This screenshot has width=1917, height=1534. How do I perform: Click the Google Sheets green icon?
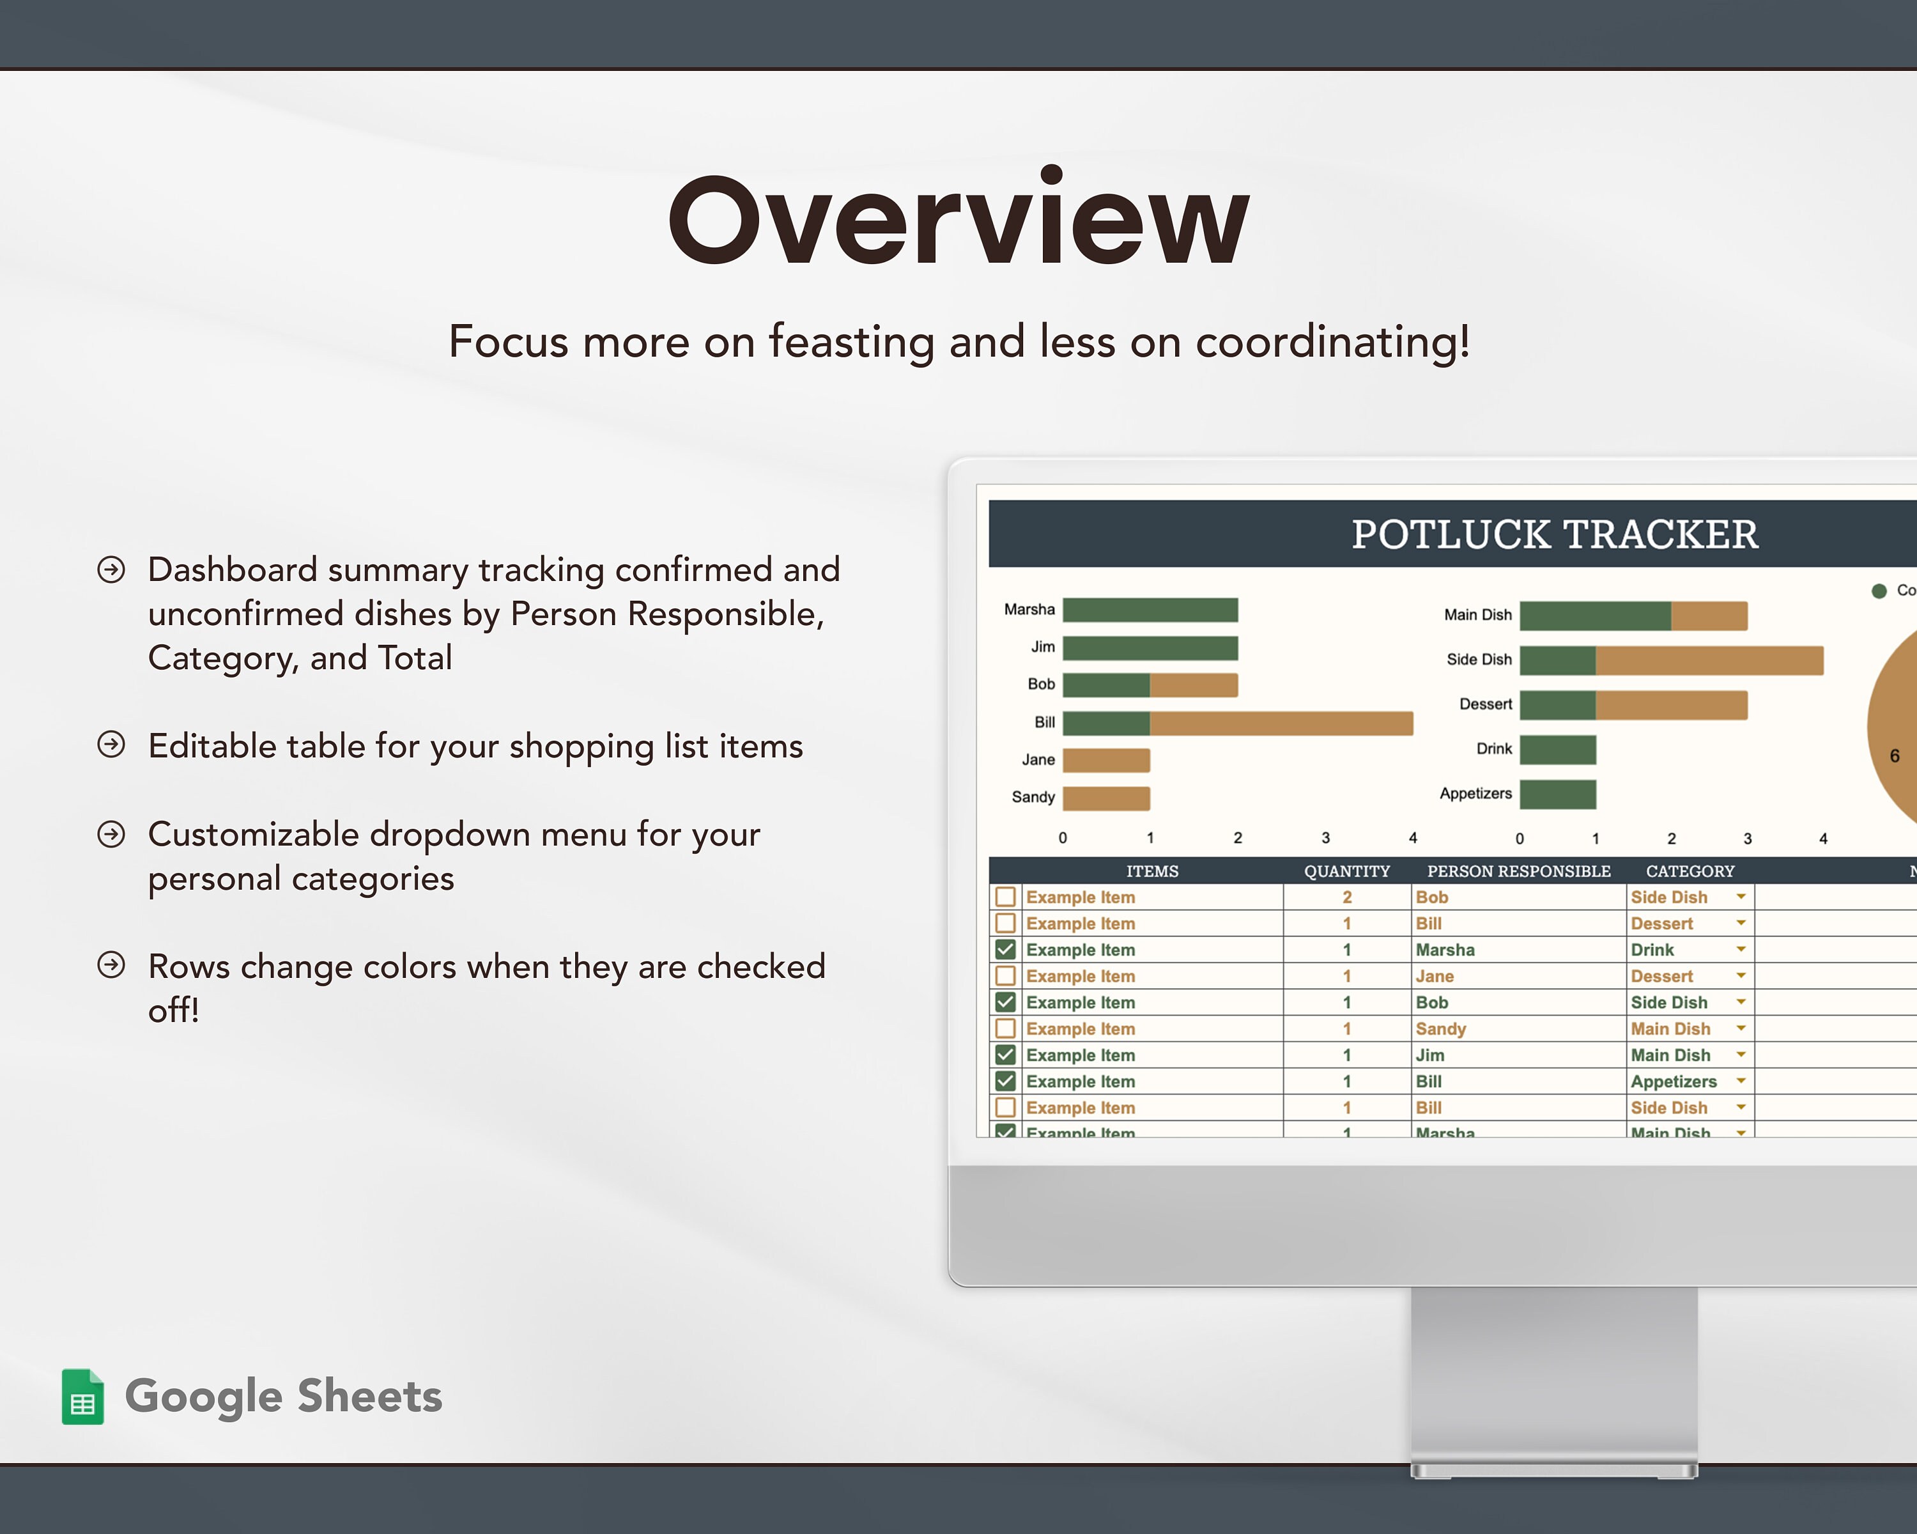(x=82, y=1396)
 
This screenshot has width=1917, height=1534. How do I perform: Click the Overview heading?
(x=958, y=220)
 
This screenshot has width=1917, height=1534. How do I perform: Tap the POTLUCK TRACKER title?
(x=1554, y=534)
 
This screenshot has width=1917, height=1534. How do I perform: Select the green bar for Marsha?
(x=1150, y=610)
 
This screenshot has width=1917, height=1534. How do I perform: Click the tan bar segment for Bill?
(x=1281, y=723)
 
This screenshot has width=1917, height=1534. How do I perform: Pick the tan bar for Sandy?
(x=1106, y=798)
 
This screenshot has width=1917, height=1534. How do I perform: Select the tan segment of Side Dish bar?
(x=1708, y=660)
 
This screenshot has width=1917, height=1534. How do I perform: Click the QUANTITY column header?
(x=1346, y=871)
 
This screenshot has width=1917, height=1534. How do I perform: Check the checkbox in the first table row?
(x=1006, y=896)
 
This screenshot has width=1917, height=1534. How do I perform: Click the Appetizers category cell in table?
(x=1674, y=1081)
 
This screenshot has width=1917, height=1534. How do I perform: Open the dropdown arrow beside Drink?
(x=1740, y=949)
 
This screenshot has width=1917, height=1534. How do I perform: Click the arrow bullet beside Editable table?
(x=111, y=745)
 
